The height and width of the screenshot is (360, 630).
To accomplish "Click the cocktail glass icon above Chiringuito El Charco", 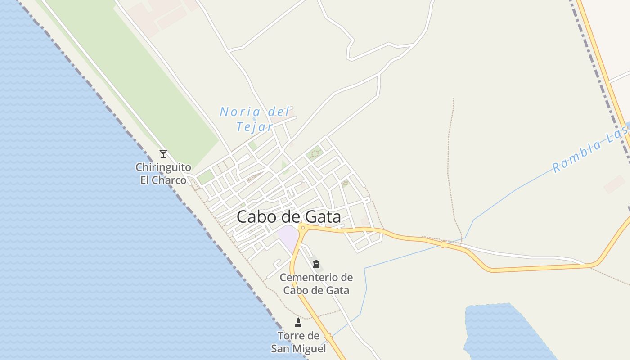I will coord(163,154).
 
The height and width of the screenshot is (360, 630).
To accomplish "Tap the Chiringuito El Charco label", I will coord(163,174).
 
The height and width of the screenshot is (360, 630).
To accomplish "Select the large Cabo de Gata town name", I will coord(288,217).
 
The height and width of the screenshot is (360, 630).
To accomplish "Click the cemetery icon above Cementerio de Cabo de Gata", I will coord(316,264).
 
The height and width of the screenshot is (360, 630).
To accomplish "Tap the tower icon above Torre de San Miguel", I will coord(298,322).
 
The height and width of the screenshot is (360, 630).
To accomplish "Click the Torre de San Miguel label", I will coord(298,342).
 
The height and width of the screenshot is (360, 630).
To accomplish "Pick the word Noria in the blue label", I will coord(240,112).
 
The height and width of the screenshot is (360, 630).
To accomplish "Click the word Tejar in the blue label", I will coord(254,127).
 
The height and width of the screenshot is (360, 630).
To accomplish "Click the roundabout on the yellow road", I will coord(303,228).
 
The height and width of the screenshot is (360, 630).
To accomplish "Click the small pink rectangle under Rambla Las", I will coord(614,184).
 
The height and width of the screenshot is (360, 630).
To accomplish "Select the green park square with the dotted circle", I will coord(315,153).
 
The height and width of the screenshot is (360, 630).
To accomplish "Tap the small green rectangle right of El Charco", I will coord(205,177).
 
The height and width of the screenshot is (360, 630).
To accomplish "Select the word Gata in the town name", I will coord(322,217).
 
